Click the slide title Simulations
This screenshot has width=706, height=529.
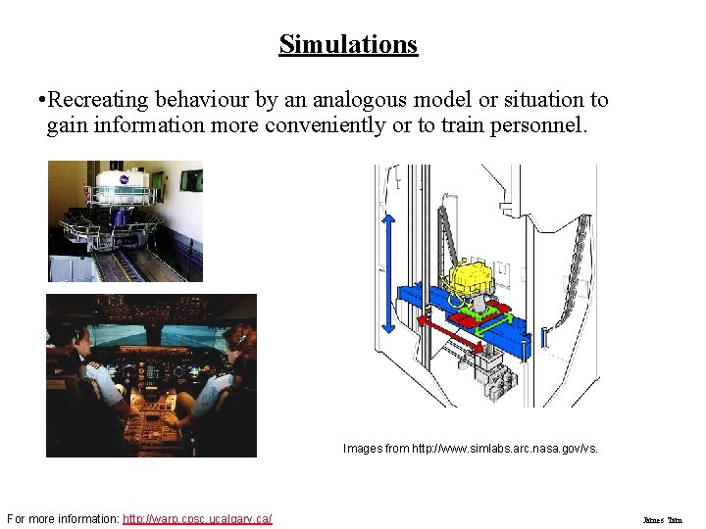(348, 44)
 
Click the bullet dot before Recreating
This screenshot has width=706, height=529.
(37, 100)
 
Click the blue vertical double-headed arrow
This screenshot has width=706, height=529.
(388, 273)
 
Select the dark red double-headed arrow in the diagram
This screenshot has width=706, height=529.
(451, 333)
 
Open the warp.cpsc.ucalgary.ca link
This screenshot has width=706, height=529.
(197, 519)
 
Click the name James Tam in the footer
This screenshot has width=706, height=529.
(662, 520)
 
